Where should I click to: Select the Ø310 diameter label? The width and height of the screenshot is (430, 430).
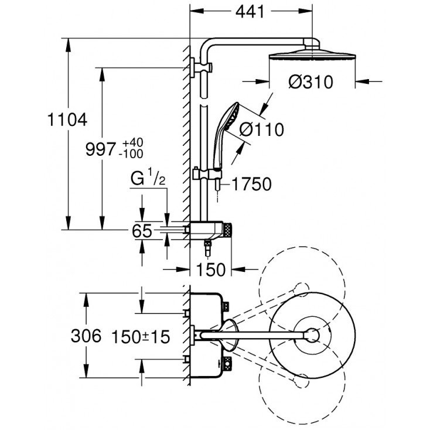tap(310, 82)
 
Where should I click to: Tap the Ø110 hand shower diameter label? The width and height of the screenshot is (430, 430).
tap(261, 129)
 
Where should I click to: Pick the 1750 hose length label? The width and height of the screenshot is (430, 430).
tap(251, 185)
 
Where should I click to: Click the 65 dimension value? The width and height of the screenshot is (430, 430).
tap(141, 231)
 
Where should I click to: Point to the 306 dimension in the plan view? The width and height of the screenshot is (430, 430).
tap(86, 336)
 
